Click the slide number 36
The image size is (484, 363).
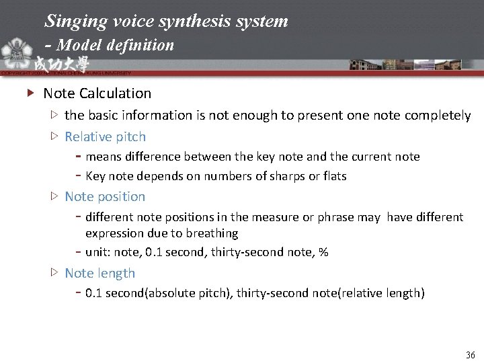pos(470,355)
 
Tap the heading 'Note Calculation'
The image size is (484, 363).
pos(97,93)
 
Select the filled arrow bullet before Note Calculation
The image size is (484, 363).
pos(30,93)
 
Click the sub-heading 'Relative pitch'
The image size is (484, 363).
pos(105,136)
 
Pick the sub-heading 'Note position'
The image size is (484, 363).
pos(105,196)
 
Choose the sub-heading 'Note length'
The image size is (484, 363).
pos(99,273)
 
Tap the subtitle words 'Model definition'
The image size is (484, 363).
pos(115,45)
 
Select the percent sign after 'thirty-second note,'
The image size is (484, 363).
pos(323,253)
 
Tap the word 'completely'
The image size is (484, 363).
pos(438,116)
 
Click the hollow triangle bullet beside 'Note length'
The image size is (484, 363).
pos(54,273)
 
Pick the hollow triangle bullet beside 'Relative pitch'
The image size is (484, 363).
pos(54,136)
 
